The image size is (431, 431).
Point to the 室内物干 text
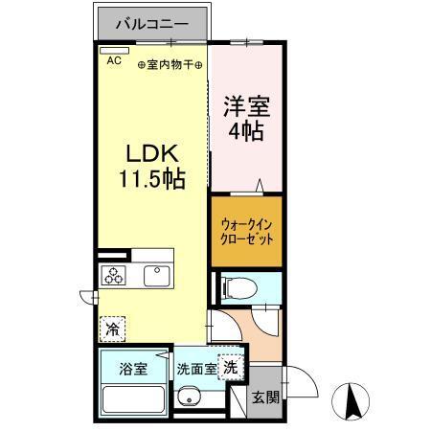tap(170, 65)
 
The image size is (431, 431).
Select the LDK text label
tap(152, 153)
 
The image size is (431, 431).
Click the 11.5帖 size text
tap(152, 177)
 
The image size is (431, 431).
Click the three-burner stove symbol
tap(115, 276)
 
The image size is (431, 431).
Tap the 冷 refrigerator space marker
tap(113, 329)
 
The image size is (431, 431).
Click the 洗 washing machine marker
tap(230, 365)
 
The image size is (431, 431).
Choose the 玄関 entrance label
tap(263, 397)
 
